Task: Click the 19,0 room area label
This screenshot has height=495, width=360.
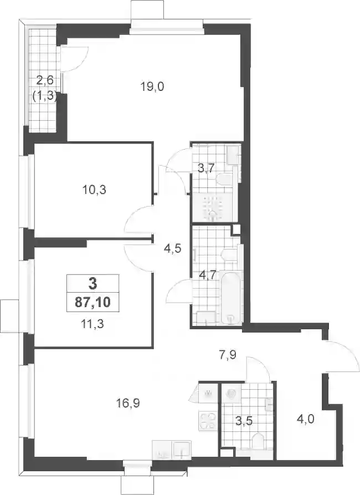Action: (152, 86)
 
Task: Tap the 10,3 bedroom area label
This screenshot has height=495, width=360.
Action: (94, 190)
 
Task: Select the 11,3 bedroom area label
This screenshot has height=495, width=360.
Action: (92, 324)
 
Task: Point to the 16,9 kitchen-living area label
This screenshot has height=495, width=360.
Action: (128, 403)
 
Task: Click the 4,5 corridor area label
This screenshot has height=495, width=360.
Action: (172, 249)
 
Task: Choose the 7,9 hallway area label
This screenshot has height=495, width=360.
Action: (228, 355)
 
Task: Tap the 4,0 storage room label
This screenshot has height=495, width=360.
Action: (305, 420)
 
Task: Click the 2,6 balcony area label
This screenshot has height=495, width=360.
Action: (45, 80)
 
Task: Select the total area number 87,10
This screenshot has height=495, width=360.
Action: (92, 303)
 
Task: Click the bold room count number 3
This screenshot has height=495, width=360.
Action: (92, 284)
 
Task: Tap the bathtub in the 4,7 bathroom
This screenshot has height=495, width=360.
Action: (232, 297)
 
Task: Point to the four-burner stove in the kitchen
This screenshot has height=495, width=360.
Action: (208, 420)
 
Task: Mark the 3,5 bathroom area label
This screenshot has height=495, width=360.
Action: (244, 421)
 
